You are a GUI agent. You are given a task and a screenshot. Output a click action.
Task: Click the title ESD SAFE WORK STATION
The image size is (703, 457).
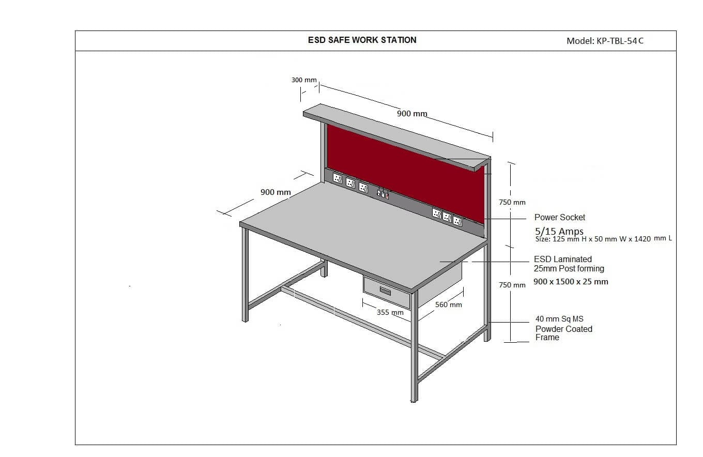click(362, 40)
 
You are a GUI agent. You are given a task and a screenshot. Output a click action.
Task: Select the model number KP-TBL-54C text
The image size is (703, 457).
click(620, 41)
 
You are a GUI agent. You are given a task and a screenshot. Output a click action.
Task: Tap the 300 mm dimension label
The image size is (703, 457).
click(304, 80)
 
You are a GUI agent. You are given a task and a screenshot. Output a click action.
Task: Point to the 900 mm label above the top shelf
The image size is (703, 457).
click(412, 114)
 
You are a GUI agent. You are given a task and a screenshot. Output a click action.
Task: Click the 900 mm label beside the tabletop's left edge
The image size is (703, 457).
click(276, 192)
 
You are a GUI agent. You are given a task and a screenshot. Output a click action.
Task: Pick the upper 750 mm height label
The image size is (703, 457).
click(512, 203)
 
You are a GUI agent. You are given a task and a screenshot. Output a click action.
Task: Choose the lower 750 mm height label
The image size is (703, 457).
click(512, 285)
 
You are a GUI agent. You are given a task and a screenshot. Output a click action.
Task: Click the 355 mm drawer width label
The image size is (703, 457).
click(390, 313)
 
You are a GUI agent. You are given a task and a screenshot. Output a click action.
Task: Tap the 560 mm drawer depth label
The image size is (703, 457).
click(449, 305)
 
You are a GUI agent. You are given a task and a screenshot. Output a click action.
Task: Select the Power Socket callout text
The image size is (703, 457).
click(560, 217)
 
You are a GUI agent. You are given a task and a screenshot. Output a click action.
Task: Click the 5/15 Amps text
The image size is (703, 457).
click(559, 231)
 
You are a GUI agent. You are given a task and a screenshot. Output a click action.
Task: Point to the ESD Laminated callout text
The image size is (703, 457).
click(563, 260)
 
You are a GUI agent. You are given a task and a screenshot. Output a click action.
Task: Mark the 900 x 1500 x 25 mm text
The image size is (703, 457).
click(571, 282)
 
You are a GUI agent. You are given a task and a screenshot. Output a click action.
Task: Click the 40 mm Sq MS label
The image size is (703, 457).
click(559, 319)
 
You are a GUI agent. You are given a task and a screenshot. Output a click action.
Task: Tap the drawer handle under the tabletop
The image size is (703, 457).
click(385, 291)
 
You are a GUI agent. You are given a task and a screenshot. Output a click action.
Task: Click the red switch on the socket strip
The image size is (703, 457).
click(387, 196)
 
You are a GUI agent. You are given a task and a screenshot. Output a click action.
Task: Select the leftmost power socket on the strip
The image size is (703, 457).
click(338, 178)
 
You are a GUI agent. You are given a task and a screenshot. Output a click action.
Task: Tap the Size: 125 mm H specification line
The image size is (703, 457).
click(604, 239)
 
